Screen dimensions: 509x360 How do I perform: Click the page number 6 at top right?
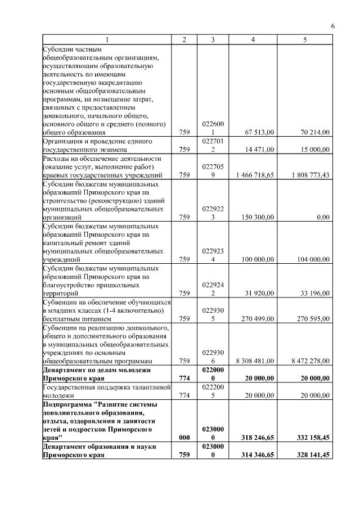[x=332, y=26]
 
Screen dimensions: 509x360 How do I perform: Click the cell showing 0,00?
[x=323, y=217]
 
